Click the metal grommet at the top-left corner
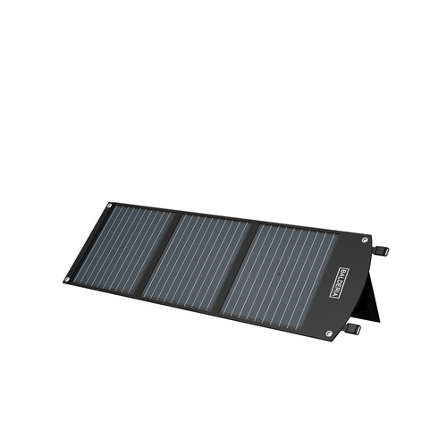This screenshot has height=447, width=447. pos(110,207)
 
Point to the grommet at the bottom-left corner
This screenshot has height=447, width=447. pos(67,279)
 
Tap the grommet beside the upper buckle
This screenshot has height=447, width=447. pos(365,240)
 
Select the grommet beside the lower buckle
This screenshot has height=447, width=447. pos(330,333)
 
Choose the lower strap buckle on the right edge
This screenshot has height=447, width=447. pos(355,330)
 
